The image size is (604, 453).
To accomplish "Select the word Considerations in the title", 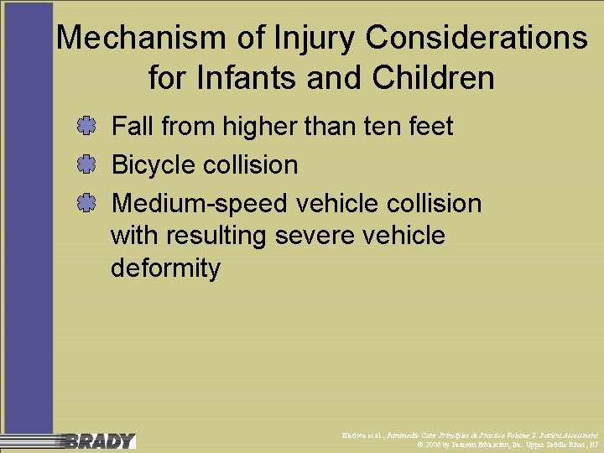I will pyautogui.click(x=470, y=38).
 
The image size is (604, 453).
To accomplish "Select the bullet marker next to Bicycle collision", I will pyautogui.click(x=85, y=164).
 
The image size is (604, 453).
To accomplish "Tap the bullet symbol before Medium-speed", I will pyautogui.click(x=85, y=203).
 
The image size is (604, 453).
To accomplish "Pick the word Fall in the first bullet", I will pyautogui.click(x=133, y=127).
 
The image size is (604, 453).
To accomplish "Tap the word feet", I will pyautogui.click(x=430, y=127).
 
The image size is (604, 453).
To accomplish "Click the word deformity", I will pyautogui.click(x=165, y=268).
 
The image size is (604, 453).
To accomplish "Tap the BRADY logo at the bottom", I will pyautogui.click(x=99, y=440).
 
